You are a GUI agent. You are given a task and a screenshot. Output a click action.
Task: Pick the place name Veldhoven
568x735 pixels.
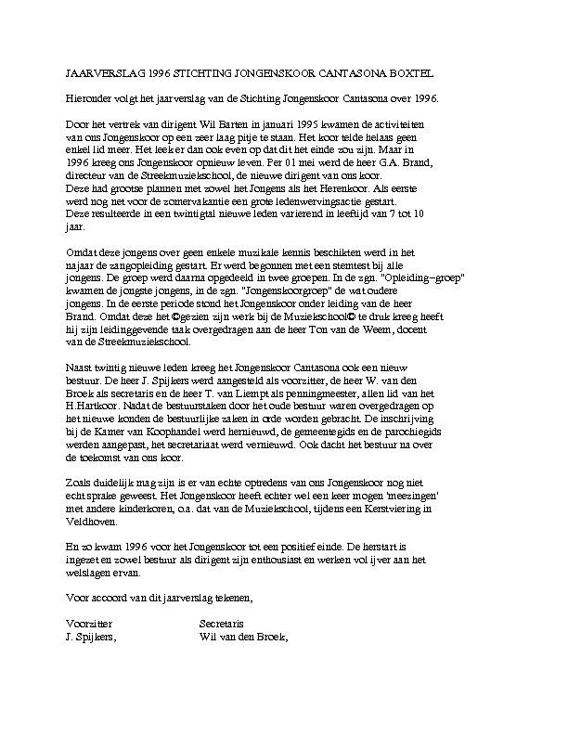tap(94, 536)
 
